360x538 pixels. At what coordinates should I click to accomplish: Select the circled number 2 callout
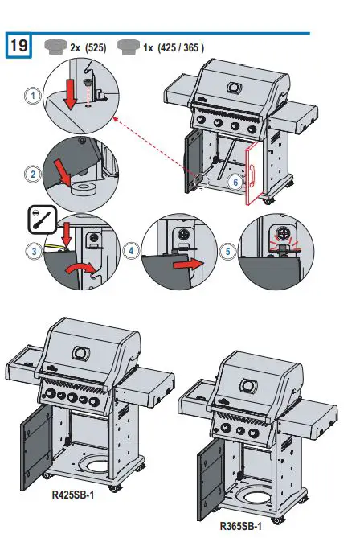[x=32, y=173]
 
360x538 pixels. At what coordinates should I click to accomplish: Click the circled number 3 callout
[x=32, y=252]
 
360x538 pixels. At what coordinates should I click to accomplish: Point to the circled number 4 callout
[x=131, y=252]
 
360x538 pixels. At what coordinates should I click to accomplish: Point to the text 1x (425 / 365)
[x=174, y=47]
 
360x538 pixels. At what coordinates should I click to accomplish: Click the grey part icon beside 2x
[x=55, y=46]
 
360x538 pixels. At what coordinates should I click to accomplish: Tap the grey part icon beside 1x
[x=127, y=46]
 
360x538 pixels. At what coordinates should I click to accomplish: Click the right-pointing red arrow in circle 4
[x=186, y=261]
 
